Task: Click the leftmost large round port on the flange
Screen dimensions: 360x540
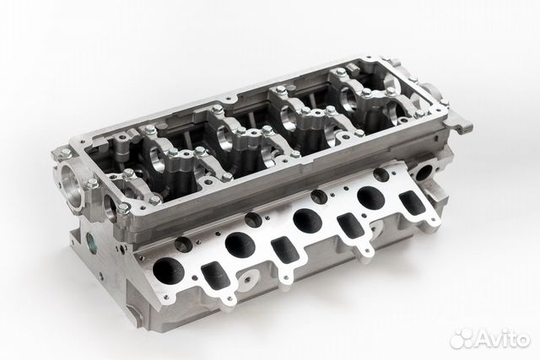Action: click(168, 271)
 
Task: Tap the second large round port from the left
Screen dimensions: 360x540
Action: click(240, 245)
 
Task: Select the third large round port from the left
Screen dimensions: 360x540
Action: click(307, 220)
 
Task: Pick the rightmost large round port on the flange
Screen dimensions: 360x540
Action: click(370, 197)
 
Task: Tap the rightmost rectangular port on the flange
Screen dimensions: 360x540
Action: click(412, 202)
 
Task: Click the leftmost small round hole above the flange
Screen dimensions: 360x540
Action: click(183, 245)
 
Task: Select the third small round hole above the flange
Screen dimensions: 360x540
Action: click(319, 196)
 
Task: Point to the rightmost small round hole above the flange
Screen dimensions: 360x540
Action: click(381, 175)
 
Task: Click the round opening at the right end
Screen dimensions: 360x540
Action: click(424, 172)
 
